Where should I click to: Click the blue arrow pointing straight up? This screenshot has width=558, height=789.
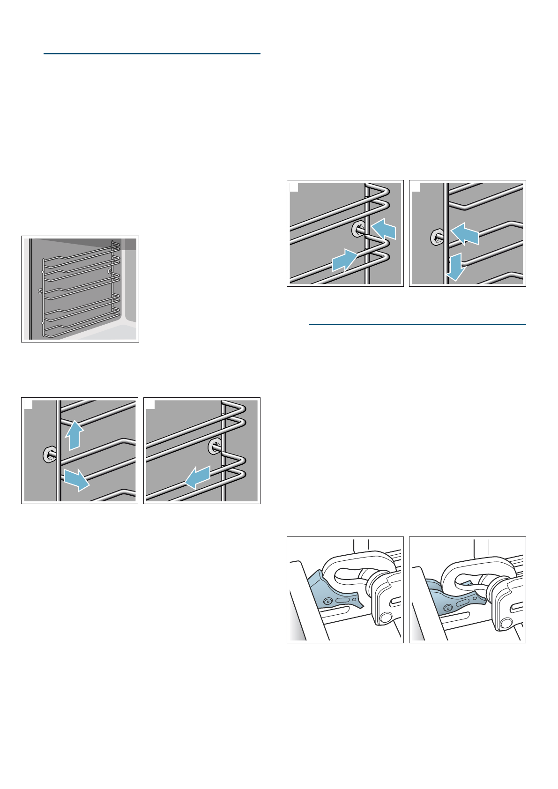point(74,435)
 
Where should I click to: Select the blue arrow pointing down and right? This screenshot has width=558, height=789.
point(76,479)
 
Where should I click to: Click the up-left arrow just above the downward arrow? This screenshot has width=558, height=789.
point(465,233)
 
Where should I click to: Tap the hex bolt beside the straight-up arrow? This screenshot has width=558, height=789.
point(49,454)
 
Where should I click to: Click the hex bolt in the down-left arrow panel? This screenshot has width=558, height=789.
point(215,447)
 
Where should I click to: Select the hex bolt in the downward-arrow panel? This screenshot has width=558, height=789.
point(437,238)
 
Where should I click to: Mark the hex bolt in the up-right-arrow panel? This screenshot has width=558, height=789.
point(358,230)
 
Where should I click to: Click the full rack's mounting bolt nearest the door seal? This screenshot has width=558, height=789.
point(41,291)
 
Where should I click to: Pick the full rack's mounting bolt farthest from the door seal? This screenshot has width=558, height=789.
point(110,271)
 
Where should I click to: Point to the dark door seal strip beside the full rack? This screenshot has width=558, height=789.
point(30,289)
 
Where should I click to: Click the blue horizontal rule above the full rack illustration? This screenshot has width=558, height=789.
point(151,54)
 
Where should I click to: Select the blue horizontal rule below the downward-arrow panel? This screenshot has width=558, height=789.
point(417,324)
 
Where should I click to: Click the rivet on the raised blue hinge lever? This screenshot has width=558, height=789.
point(328,601)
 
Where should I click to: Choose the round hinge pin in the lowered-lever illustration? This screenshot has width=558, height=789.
point(506,623)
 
